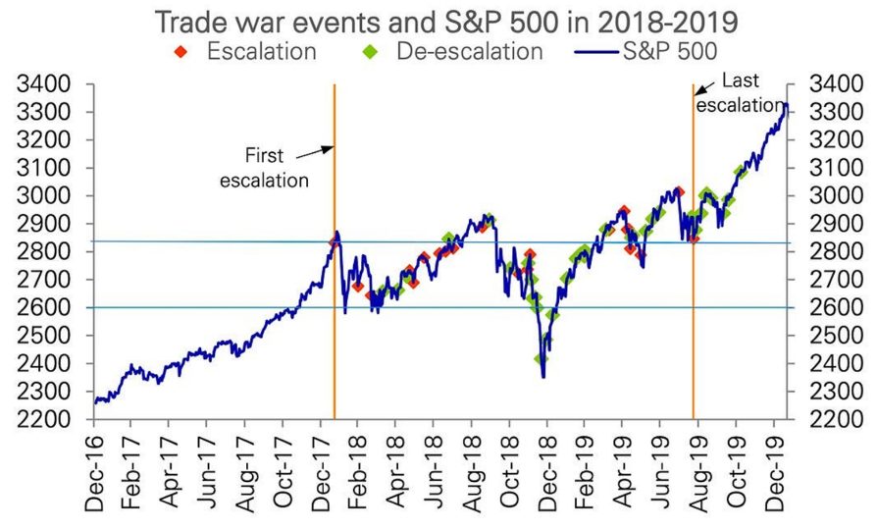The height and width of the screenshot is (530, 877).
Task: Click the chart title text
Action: pos(438,20)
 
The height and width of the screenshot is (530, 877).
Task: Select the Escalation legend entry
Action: pos(250,50)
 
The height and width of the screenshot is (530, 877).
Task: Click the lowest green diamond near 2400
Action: pos(540,359)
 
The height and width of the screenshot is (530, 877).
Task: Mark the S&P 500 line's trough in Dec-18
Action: pos(542,377)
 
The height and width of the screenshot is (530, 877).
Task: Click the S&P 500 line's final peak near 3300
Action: pos(785,104)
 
